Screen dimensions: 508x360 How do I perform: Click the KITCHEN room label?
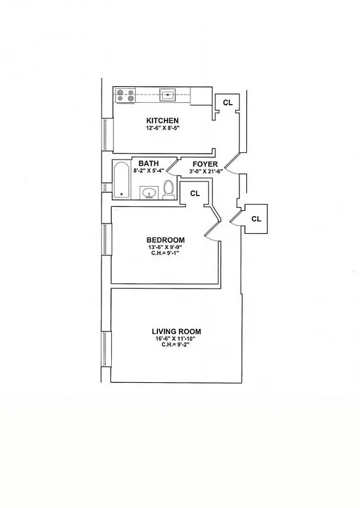[163, 121]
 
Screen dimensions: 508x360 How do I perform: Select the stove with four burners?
[125, 95]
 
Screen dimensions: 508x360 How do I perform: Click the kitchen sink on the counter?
[168, 95]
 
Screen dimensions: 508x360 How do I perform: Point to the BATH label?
[149, 163]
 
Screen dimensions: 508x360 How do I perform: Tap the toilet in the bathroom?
[168, 189]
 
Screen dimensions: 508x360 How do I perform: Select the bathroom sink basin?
[150, 192]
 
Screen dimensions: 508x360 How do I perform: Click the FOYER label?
[205, 163]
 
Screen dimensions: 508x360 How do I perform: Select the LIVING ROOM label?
[176, 331]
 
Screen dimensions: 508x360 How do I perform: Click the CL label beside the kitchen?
[227, 102]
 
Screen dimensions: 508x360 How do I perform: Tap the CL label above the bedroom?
[195, 193]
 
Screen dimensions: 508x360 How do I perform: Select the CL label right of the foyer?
[256, 218]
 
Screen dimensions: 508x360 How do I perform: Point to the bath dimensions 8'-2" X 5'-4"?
[149, 170]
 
